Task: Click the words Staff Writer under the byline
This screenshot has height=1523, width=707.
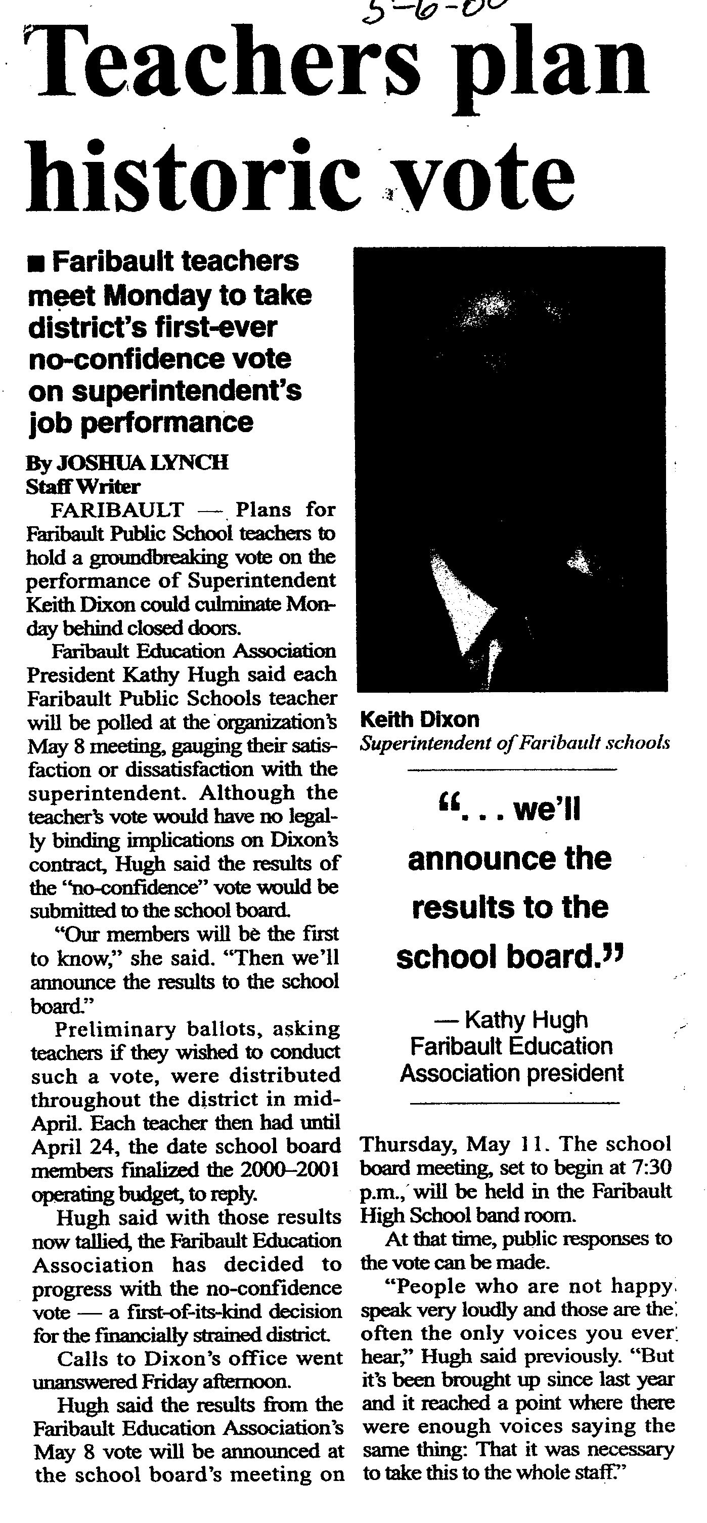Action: pyautogui.click(x=83, y=487)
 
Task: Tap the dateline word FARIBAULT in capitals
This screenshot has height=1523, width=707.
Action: pyautogui.click(x=117, y=510)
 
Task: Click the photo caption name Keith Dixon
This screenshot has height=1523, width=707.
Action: pyautogui.click(x=419, y=720)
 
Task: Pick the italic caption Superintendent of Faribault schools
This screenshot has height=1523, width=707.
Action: pyautogui.click(x=514, y=743)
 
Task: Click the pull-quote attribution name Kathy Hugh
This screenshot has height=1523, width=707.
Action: pyautogui.click(x=526, y=1019)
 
